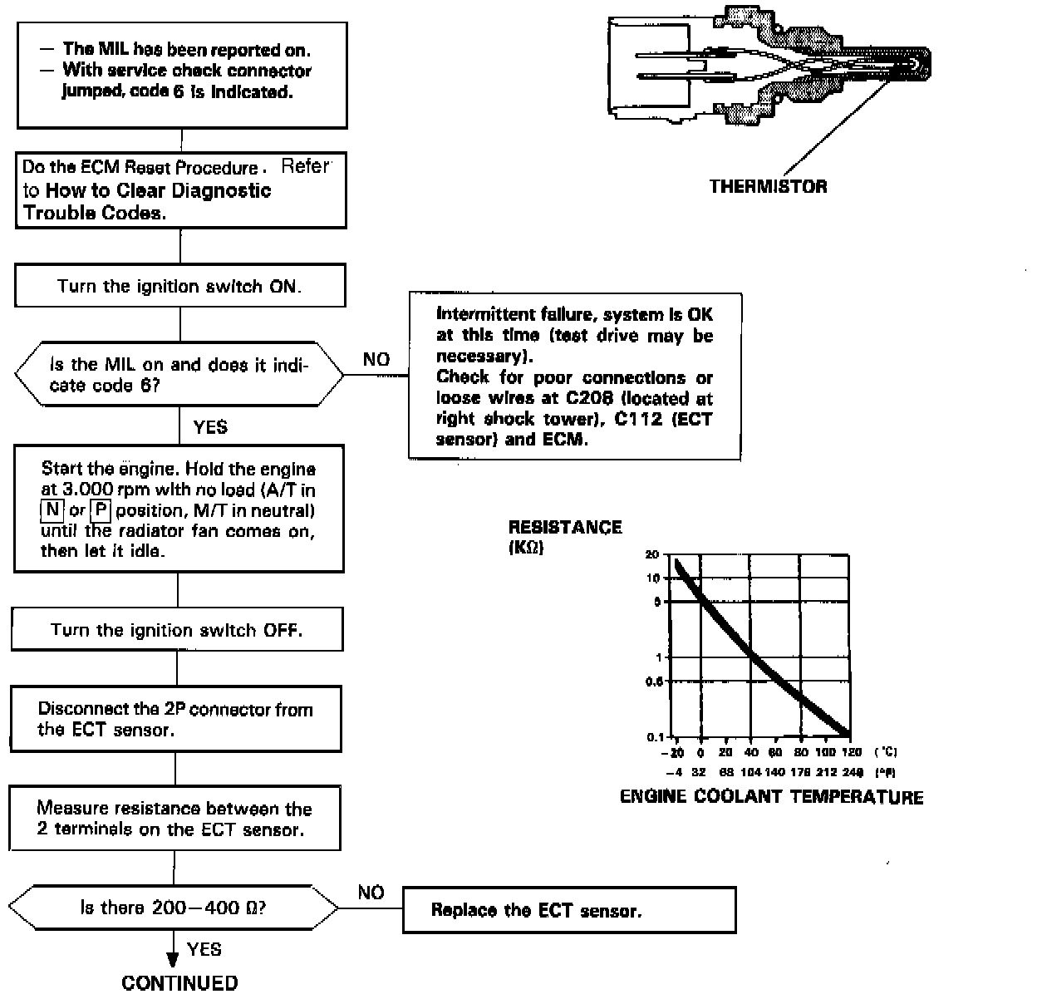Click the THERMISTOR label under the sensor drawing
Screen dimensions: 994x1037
click(768, 186)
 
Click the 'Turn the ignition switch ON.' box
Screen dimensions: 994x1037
click(179, 287)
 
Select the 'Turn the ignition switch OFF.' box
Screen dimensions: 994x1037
click(177, 630)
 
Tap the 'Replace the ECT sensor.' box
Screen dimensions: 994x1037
click(569, 910)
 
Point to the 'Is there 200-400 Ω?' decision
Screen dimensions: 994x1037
click(173, 908)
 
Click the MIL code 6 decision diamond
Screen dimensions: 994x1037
click(179, 375)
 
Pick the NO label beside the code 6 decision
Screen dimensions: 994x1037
click(376, 360)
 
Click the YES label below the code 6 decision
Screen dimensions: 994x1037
click(210, 427)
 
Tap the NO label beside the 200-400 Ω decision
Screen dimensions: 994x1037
click(371, 893)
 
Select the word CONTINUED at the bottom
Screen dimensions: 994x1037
click(179, 982)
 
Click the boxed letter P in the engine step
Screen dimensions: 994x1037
click(101, 509)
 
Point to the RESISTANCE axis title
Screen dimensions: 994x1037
click(565, 527)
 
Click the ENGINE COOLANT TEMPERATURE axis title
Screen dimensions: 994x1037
click(771, 797)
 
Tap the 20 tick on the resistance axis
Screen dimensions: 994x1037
click(651, 554)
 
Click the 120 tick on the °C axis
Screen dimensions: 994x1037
click(851, 752)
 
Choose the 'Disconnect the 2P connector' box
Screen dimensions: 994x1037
click(177, 719)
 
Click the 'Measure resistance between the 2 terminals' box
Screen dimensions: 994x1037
click(175, 818)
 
